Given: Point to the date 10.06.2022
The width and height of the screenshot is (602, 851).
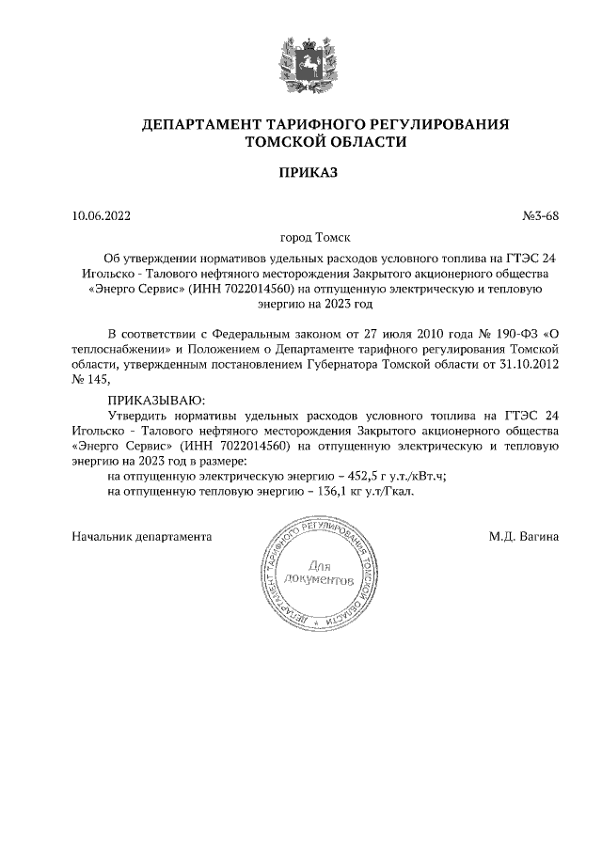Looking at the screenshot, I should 102,216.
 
